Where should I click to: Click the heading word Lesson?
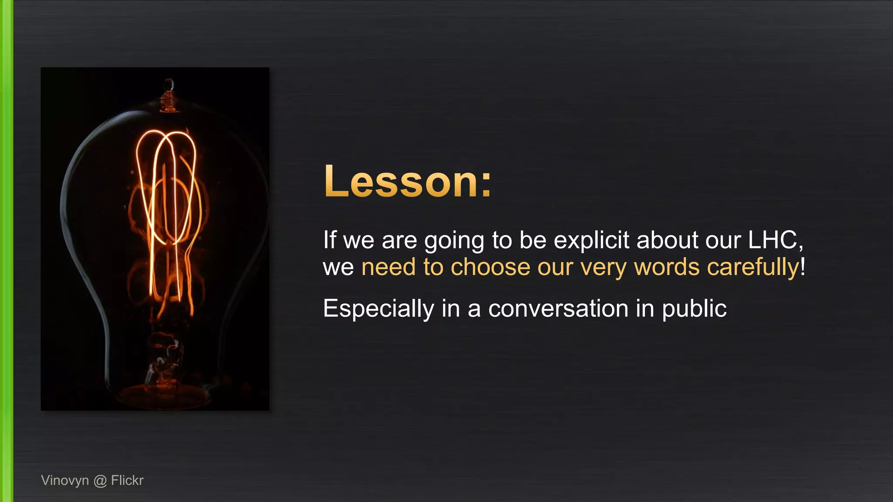407,182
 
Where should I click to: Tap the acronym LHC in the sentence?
773,240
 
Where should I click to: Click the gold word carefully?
753,267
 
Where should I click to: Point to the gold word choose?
490,267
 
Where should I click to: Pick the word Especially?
378,309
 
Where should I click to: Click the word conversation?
558,309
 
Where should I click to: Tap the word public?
694,309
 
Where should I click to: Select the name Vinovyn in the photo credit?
65,480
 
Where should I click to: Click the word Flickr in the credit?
127,480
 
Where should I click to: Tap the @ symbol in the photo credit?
100,481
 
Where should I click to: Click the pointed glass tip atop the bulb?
169,84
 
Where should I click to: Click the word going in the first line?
454,241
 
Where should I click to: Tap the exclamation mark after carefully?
803,266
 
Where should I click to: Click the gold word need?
388,267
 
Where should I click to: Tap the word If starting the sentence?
330,240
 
